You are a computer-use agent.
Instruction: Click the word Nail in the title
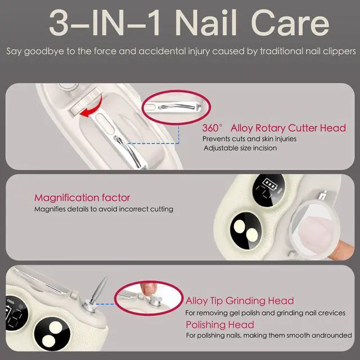click(206, 23)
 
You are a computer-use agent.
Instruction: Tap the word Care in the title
click(290, 23)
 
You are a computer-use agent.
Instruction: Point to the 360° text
click(213, 128)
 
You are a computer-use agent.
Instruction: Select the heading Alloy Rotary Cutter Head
click(288, 128)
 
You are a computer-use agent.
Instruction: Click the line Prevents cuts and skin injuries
click(249, 139)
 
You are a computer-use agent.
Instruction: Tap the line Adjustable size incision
click(240, 148)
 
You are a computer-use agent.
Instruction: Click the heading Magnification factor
click(82, 197)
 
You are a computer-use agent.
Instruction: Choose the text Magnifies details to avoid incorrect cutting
click(103, 209)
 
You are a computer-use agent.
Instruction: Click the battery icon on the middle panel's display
click(270, 183)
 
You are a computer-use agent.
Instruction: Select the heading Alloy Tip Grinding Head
click(240, 301)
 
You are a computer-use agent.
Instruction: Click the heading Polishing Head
click(220, 325)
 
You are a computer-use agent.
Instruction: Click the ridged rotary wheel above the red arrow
click(86, 102)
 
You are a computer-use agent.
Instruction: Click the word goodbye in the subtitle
click(44, 51)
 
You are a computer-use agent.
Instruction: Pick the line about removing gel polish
click(265, 313)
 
